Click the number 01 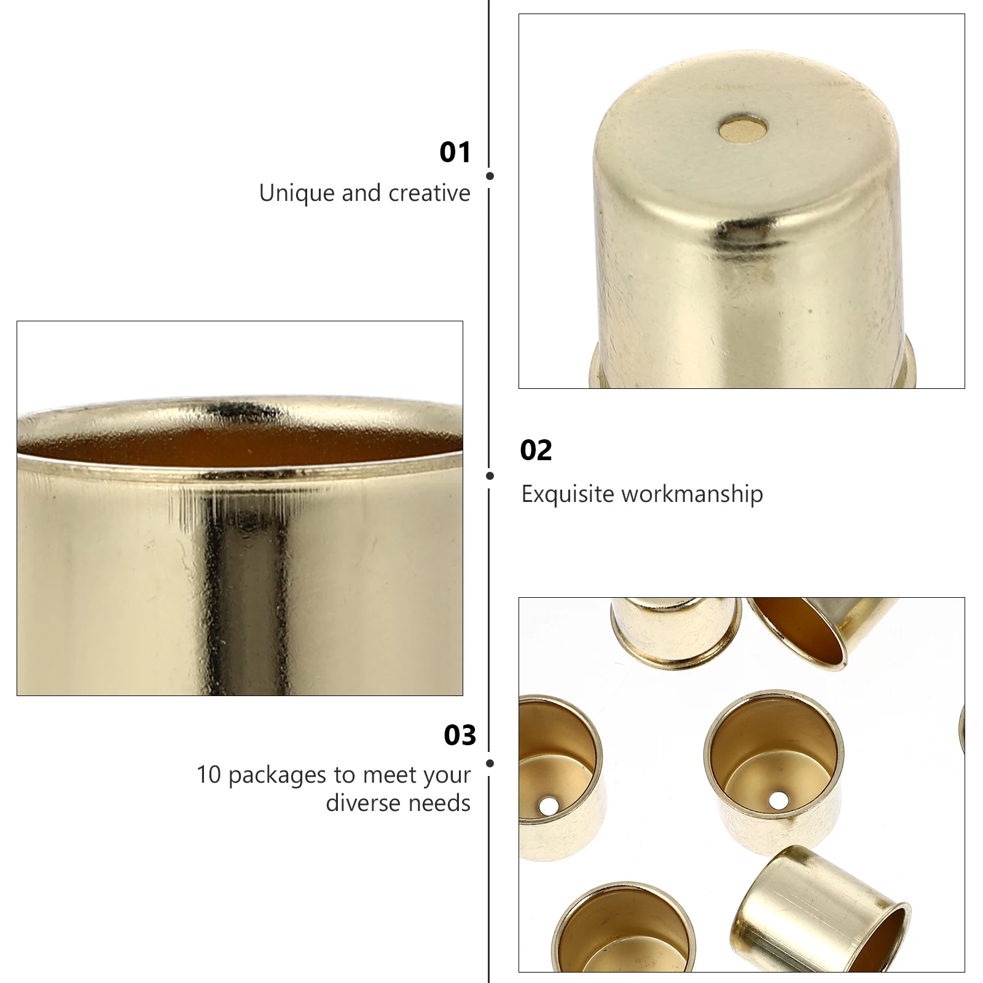pos(455,152)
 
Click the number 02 pos(536,450)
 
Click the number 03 pos(460,735)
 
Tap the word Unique pos(297,194)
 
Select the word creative pos(429,193)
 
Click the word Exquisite pos(568,495)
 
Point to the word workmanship pos(692,495)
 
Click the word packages pos(278,776)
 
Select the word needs pos(439,803)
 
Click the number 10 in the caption pos(209,775)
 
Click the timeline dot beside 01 pos(490,176)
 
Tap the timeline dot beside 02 pos(490,476)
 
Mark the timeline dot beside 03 pos(490,763)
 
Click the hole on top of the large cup pos(743,128)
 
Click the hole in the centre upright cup pos(778,800)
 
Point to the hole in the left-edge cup pos(549,805)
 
